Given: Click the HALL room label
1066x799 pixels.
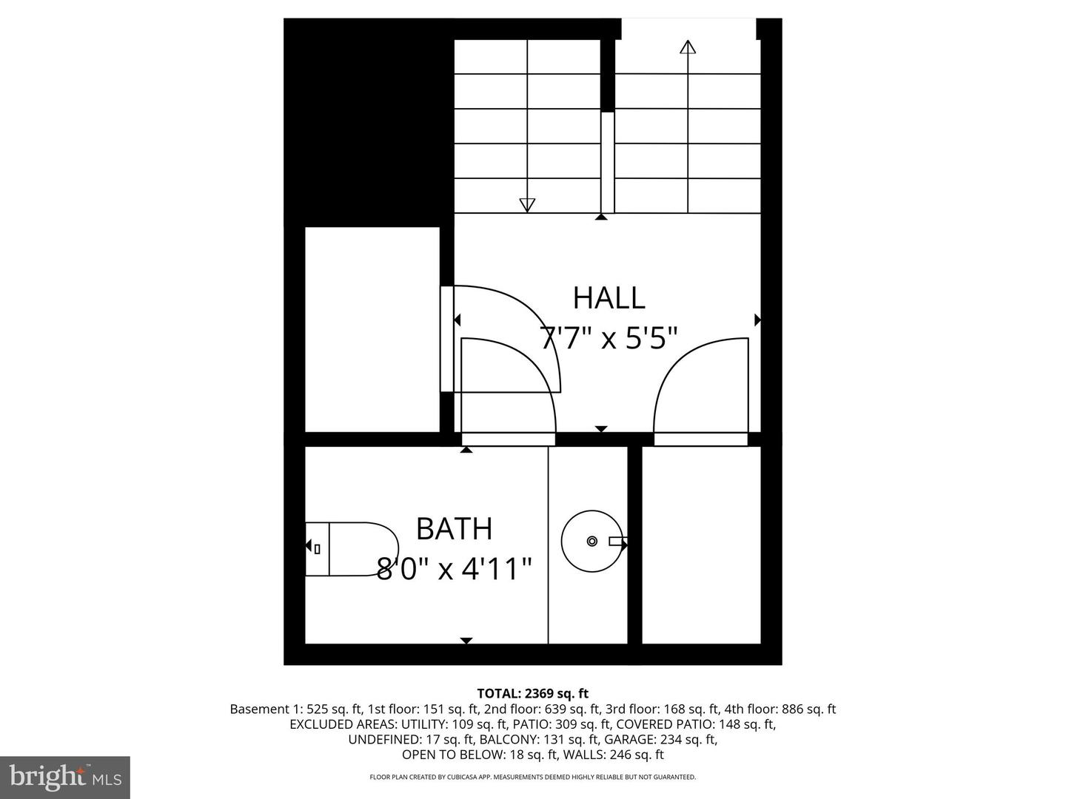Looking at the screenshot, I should click(x=609, y=297).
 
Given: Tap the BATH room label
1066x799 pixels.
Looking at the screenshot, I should click(x=454, y=529).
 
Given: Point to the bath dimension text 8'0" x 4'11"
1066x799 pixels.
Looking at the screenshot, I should click(x=454, y=570).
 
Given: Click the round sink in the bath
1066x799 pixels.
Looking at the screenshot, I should click(x=591, y=541).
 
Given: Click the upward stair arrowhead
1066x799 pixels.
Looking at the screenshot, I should click(x=688, y=48).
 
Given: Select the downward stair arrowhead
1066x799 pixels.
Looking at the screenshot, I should click(x=527, y=205).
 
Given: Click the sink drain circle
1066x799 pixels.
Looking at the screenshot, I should click(x=591, y=541).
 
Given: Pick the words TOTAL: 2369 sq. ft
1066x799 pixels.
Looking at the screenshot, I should click(x=533, y=693).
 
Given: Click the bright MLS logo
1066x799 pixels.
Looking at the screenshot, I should click(x=65, y=777).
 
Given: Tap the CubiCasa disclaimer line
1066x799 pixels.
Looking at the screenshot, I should click(x=533, y=778).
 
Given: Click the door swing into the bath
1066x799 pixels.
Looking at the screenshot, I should click(x=508, y=385).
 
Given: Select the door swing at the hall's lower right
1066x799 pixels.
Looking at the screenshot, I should click(x=700, y=388).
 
